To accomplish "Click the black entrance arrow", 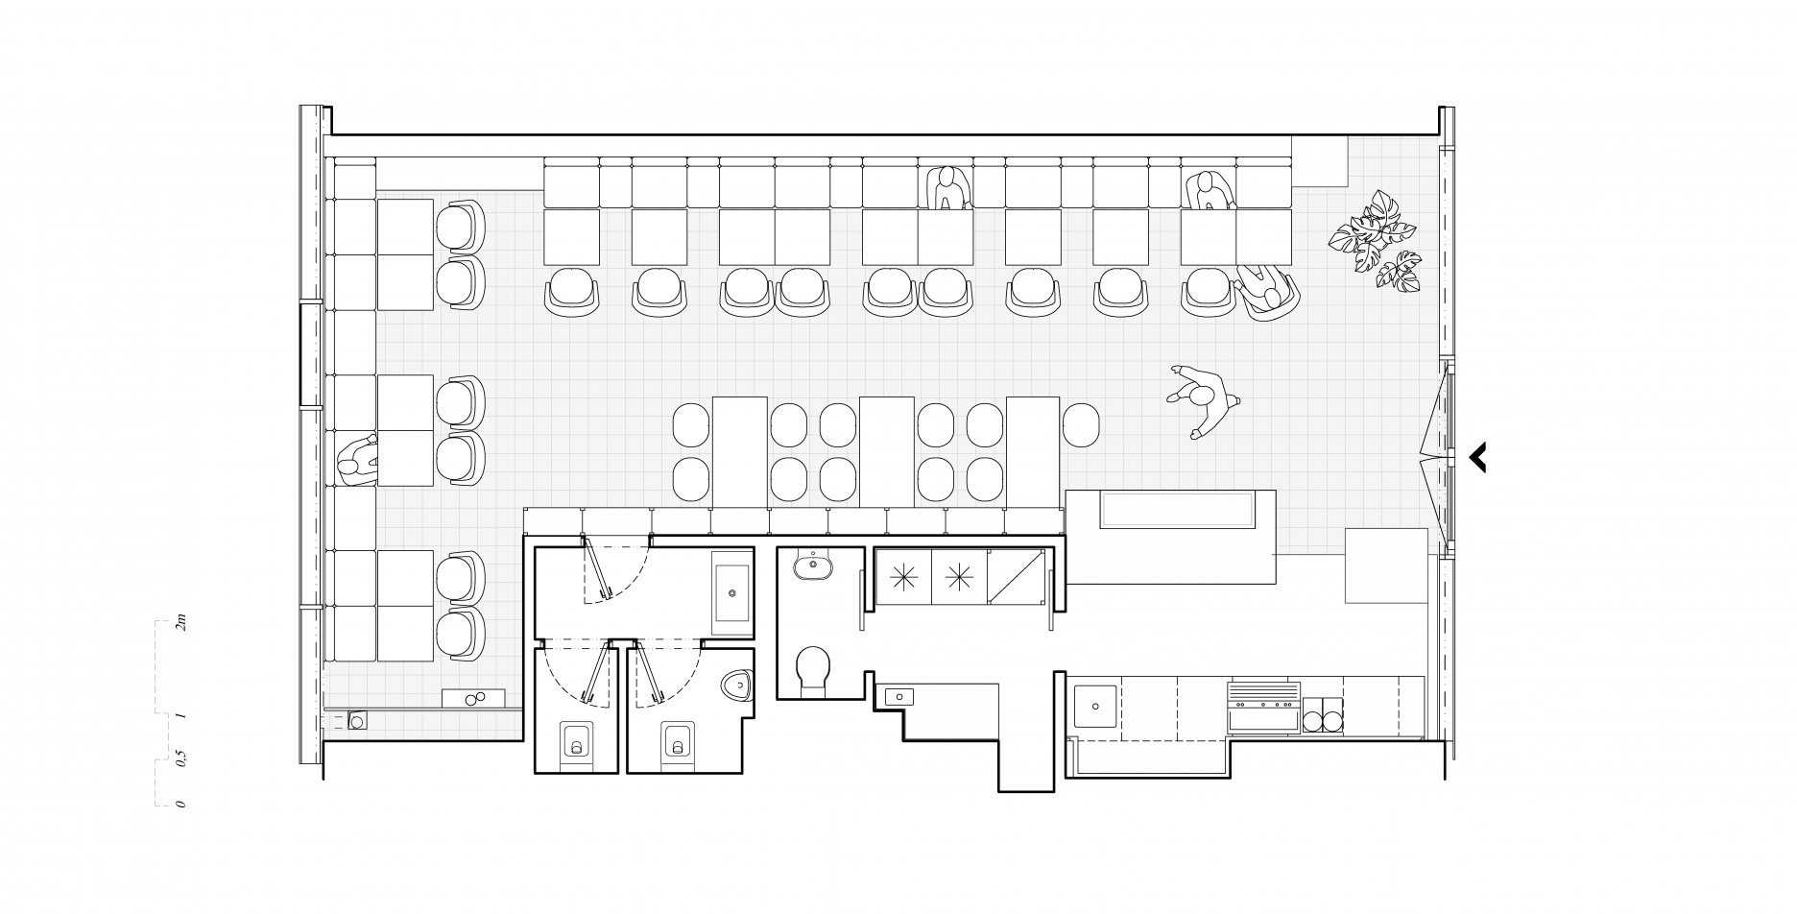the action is click(x=1478, y=457).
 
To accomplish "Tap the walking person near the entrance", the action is click(x=1201, y=399).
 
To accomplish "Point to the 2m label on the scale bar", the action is click(x=180, y=626).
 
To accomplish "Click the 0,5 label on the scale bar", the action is click(x=180, y=760).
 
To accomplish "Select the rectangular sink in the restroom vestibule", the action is click(x=732, y=593).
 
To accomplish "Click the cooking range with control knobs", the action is click(x=1262, y=708).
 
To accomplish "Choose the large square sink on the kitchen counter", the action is click(x=1095, y=707).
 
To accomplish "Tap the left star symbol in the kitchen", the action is click(x=902, y=577).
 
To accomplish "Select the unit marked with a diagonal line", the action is click(x=1016, y=577).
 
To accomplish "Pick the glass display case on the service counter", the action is click(x=1178, y=510).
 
